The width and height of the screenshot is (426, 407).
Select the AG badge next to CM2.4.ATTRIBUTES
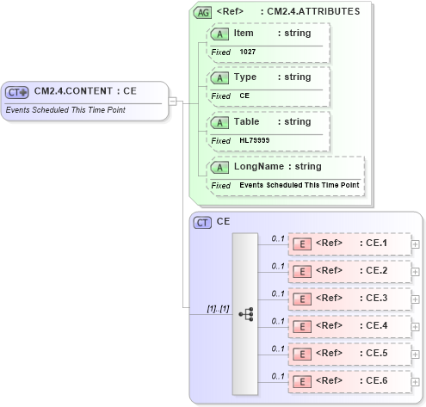202,12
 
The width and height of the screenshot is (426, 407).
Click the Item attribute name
244,32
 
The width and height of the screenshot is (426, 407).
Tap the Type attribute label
245,77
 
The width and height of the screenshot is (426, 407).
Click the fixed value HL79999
254,140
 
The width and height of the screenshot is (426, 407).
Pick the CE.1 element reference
349,244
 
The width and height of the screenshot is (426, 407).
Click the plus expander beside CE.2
416,271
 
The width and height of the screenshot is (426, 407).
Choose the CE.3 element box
349,299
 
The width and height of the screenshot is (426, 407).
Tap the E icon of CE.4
302,326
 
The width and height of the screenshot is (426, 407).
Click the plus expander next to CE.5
416,354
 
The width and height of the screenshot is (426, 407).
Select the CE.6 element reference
349,380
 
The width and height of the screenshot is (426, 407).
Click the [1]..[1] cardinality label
218,308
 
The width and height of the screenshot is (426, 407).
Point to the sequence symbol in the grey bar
245,314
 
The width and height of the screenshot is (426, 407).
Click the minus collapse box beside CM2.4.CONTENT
172,101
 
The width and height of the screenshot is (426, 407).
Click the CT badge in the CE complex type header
202,222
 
